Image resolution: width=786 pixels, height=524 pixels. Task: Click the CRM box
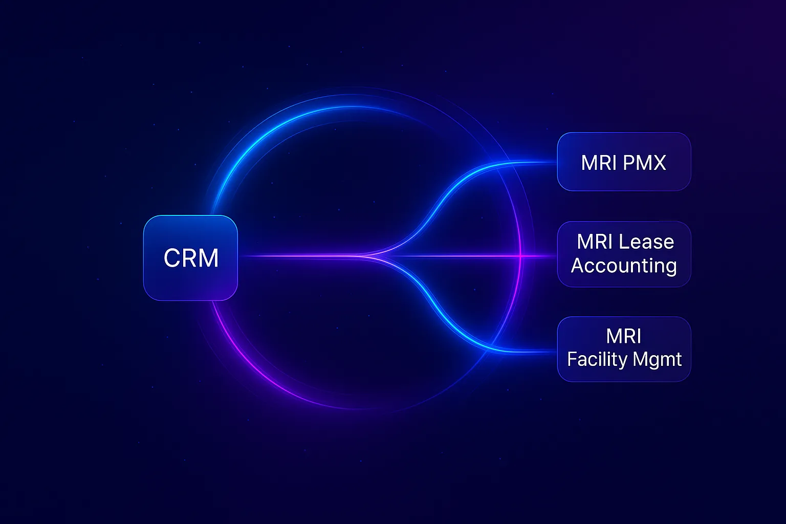pos(190,257)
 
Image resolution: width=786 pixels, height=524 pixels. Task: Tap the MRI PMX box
pos(624,162)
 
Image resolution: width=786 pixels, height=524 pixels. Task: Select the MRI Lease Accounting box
pos(624,254)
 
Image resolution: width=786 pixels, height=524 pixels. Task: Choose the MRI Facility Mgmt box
pos(624,348)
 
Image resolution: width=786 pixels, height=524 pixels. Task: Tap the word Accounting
pos(624,266)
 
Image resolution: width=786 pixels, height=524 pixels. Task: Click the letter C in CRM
pos(173,258)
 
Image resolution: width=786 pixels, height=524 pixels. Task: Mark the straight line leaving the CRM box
pos(297,256)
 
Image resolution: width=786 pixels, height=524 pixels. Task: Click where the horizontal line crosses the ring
pos(520,255)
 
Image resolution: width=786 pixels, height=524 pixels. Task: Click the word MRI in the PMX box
pos(598,163)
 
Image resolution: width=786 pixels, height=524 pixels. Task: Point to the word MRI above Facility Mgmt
pos(623,336)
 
